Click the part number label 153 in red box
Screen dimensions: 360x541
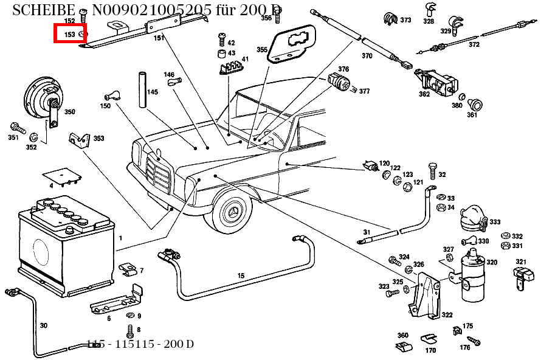coord(70,35)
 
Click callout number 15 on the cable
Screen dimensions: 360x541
coord(241,275)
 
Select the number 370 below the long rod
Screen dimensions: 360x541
coord(367,56)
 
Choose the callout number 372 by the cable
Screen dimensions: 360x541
coord(474,44)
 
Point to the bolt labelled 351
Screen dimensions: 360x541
coord(16,128)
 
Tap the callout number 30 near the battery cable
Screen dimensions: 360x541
coord(43,325)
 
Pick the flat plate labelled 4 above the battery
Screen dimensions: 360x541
coord(64,176)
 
